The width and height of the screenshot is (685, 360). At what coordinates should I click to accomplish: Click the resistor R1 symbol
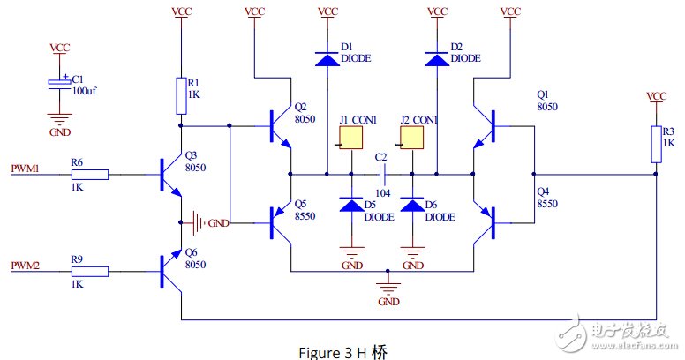click(x=181, y=95)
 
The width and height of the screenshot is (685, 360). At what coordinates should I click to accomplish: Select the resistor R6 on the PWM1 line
click(x=92, y=175)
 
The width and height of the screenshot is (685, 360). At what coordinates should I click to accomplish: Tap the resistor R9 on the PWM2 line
click(x=92, y=272)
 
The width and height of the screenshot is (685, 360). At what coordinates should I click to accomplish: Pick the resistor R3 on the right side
click(x=655, y=144)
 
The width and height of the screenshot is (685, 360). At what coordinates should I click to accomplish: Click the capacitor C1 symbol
click(x=59, y=84)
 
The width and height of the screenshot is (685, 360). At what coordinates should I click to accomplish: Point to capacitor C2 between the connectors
click(x=382, y=174)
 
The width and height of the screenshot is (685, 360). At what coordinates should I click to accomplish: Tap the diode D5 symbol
click(x=352, y=205)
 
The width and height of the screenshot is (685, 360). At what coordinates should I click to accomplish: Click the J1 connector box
click(x=352, y=139)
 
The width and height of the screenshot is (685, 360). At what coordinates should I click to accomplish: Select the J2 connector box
click(x=412, y=139)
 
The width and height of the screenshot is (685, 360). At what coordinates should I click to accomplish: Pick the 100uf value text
click(x=85, y=91)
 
